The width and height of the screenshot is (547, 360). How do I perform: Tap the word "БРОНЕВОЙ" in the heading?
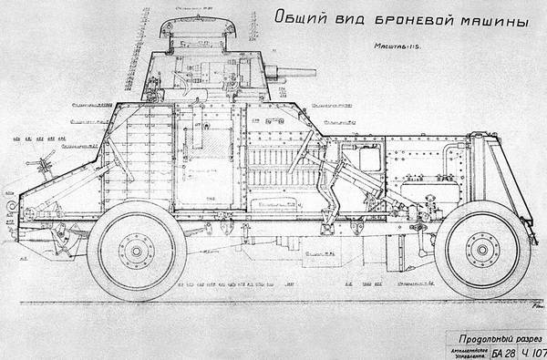click(410, 19)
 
